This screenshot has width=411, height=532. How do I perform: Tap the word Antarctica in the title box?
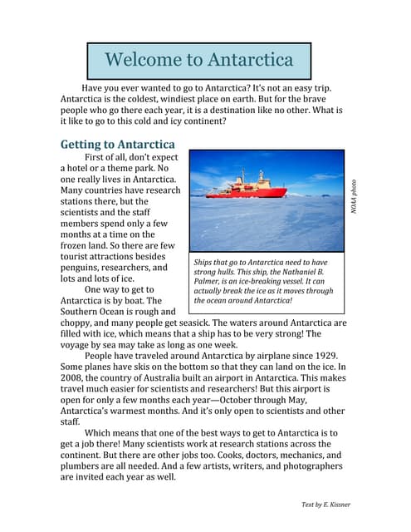tap(250, 60)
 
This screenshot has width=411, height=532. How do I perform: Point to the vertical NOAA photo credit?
tap(353, 197)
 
